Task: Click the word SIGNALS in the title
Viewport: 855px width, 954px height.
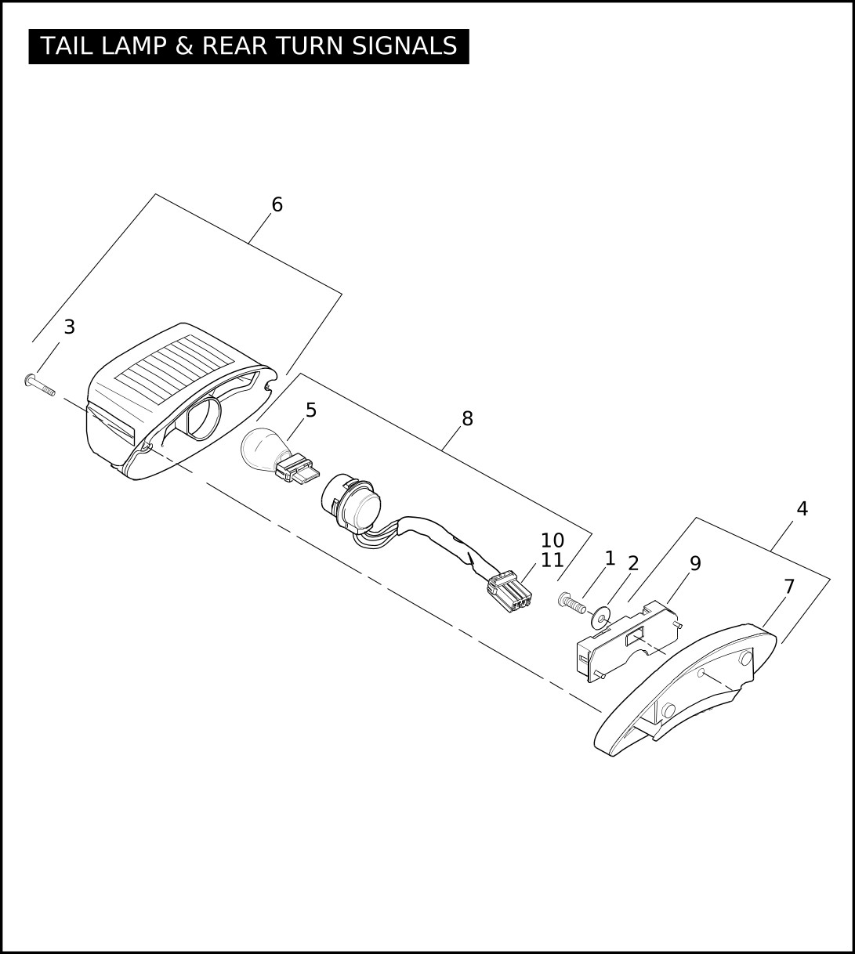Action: pyautogui.click(x=404, y=46)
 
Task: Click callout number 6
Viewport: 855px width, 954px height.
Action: pyautogui.click(x=277, y=204)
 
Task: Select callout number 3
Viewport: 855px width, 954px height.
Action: pyautogui.click(x=69, y=327)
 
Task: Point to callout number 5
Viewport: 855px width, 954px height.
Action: pyautogui.click(x=311, y=410)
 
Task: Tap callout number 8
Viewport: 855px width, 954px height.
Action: pyautogui.click(x=467, y=418)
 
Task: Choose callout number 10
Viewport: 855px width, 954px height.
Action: pyautogui.click(x=552, y=540)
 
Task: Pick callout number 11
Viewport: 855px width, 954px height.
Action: pyautogui.click(x=552, y=560)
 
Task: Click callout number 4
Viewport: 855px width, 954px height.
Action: pyautogui.click(x=802, y=508)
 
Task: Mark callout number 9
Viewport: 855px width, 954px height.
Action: pyautogui.click(x=695, y=563)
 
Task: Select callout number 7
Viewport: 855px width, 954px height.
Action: pyautogui.click(x=789, y=586)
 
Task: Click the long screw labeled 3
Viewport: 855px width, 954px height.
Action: pyautogui.click(x=39, y=385)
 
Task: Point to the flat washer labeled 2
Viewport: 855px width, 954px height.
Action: pyautogui.click(x=600, y=617)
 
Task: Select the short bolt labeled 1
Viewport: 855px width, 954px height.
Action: pyautogui.click(x=571, y=603)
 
